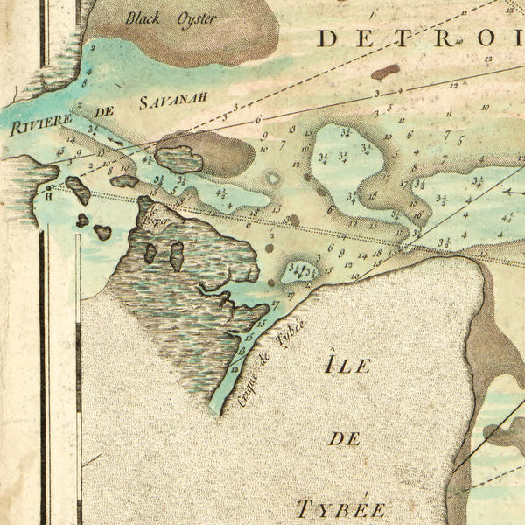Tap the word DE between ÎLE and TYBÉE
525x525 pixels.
tap(347, 438)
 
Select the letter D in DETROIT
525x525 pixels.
tap(328, 38)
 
